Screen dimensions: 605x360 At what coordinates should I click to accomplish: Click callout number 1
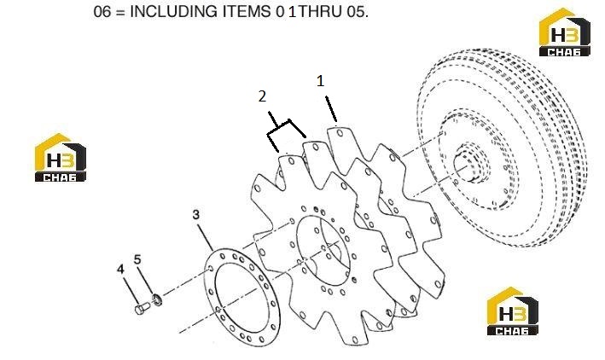coord(320,81)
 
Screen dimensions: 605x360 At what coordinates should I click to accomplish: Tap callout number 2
coord(262,96)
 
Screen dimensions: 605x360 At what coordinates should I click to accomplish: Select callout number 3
coord(196,214)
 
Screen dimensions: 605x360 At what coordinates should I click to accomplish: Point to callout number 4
coord(121,269)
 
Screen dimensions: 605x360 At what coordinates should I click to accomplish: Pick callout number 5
coord(137,259)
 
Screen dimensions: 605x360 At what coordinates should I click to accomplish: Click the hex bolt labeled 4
coord(143,307)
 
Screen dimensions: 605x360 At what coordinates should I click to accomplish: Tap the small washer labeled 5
coord(157,299)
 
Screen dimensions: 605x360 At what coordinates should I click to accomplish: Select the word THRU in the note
coord(320,12)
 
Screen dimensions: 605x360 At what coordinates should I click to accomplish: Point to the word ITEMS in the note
coord(247,12)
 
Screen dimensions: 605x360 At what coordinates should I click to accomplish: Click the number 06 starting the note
coord(102,12)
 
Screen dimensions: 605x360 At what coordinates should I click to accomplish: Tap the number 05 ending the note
coord(358,12)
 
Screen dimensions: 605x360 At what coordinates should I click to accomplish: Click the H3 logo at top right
coord(565,32)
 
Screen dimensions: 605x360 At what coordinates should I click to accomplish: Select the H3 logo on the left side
coord(61,158)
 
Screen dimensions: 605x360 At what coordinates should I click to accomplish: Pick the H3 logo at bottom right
coord(512,311)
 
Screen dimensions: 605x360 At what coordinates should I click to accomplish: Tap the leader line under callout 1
coord(331,109)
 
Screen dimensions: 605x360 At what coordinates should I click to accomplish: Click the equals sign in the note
coord(120,12)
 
